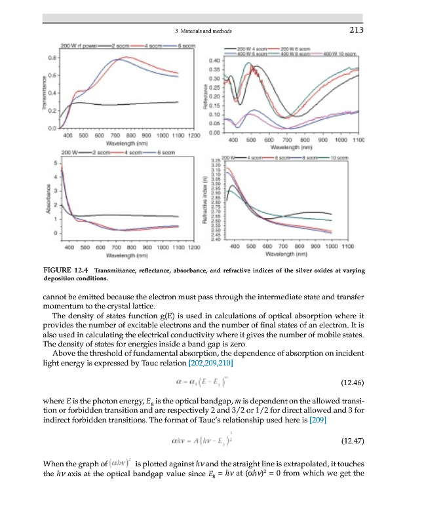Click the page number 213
pyautogui.click(x=357, y=30)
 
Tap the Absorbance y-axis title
pyautogui.click(x=47, y=200)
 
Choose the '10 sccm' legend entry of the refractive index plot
pyautogui.click(x=341, y=158)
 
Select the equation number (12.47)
pyautogui.click(x=353, y=441)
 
